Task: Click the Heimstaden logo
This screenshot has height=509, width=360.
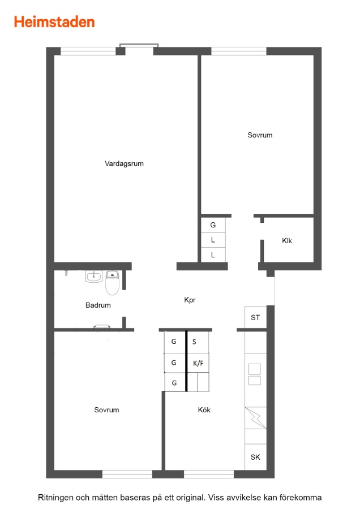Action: tap(54, 22)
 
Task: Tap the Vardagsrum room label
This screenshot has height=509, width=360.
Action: tap(124, 163)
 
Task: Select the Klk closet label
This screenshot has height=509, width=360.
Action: tap(287, 240)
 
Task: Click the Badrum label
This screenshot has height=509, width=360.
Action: tap(98, 305)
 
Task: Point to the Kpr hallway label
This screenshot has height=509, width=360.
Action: tap(190, 300)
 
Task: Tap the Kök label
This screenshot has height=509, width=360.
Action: tap(204, 409)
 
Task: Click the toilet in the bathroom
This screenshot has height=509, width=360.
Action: tap(113, 283)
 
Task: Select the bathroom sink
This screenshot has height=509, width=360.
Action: tap(93, 277)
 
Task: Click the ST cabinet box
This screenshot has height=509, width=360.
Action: tap(255, 317)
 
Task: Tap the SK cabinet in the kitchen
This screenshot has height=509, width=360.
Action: tap(255, 457)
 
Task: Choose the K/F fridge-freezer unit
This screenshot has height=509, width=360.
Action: tap(198, 363)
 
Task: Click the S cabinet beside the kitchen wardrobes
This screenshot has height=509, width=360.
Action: tap(198, 342)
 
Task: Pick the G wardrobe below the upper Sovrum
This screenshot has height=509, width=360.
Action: tap(213, 225)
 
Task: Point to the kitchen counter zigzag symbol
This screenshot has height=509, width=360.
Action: tap(255, 418)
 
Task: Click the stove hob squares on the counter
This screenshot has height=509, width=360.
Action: tap(255, 374)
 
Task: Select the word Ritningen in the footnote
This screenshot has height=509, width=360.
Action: tap(55, 498)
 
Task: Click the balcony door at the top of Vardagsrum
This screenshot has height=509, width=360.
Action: tap(139, 49)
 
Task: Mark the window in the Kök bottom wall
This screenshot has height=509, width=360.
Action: tap(209, 474)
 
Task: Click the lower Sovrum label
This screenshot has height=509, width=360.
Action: tap(106, 409)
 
